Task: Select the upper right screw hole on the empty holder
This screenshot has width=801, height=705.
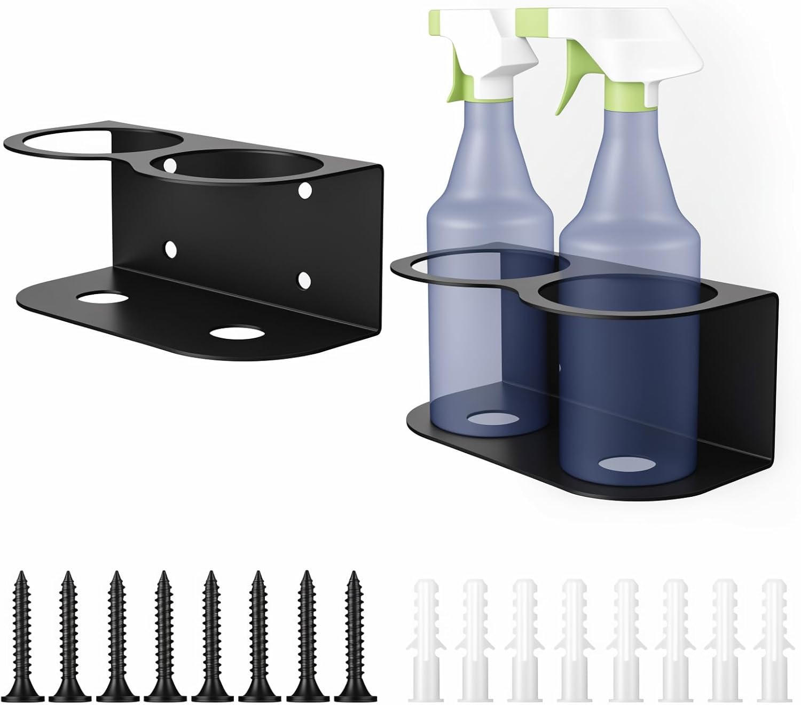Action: coord(305,190)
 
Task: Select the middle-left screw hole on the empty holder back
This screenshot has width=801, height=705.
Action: coord(170,249)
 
